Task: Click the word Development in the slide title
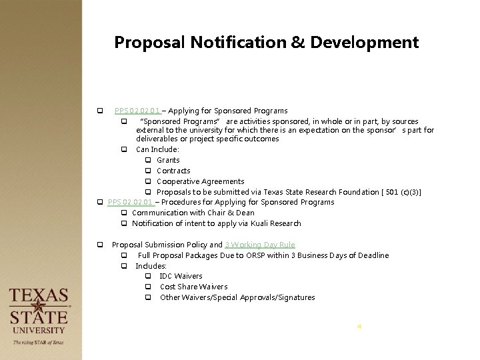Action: tap(362, 43)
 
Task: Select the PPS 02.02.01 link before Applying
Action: tap(137, 111)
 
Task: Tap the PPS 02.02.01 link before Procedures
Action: tap(131, 202)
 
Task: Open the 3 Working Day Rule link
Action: tap(260, 245)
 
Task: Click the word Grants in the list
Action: tap(168, 160)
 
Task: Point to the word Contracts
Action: tap(173, 171)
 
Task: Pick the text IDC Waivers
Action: tap(181, 276)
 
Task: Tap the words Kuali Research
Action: tap(274, 223)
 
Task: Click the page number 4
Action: tap(359, 327)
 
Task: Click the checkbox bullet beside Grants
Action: tap(148, 161)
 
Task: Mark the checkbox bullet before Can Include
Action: tap(124, 150)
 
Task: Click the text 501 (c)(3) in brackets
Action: tap(401, 192)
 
